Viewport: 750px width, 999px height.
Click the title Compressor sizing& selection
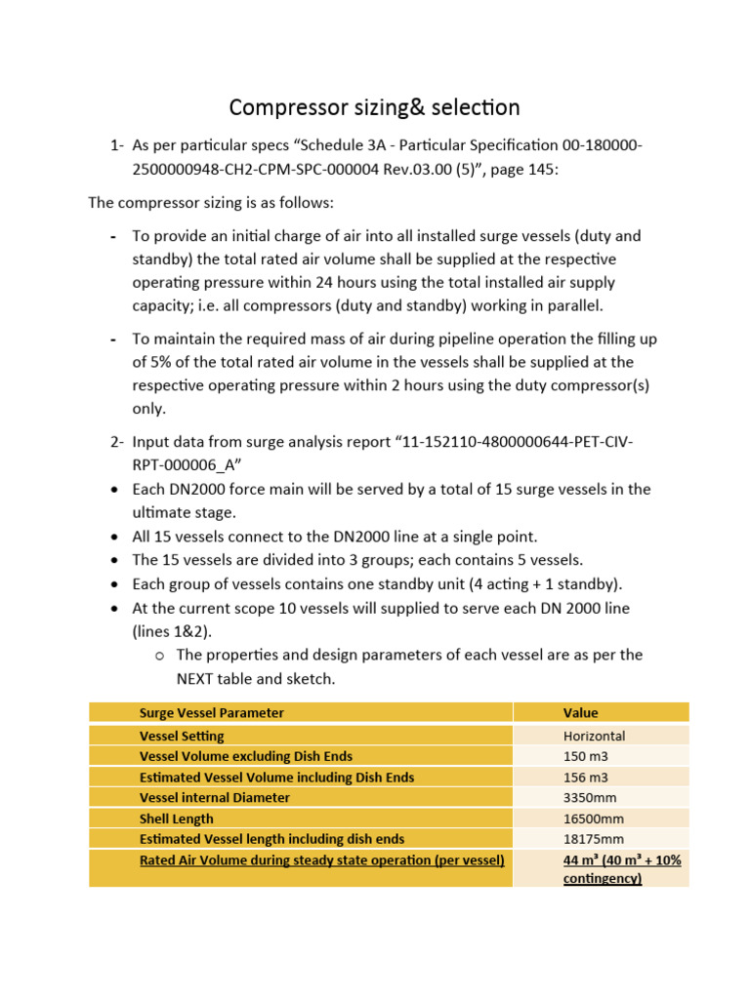374,106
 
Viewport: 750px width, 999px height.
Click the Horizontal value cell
594,736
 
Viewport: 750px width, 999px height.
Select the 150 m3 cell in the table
585,756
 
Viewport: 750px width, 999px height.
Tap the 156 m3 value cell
585,777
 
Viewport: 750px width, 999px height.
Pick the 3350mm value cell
591,797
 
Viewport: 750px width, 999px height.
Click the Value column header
580,713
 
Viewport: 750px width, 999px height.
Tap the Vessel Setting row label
182,736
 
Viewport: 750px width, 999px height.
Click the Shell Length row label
176,818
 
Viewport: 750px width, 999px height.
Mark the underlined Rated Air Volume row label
321,859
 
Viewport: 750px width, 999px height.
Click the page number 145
536,168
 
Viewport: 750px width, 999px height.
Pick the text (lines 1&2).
172,630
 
